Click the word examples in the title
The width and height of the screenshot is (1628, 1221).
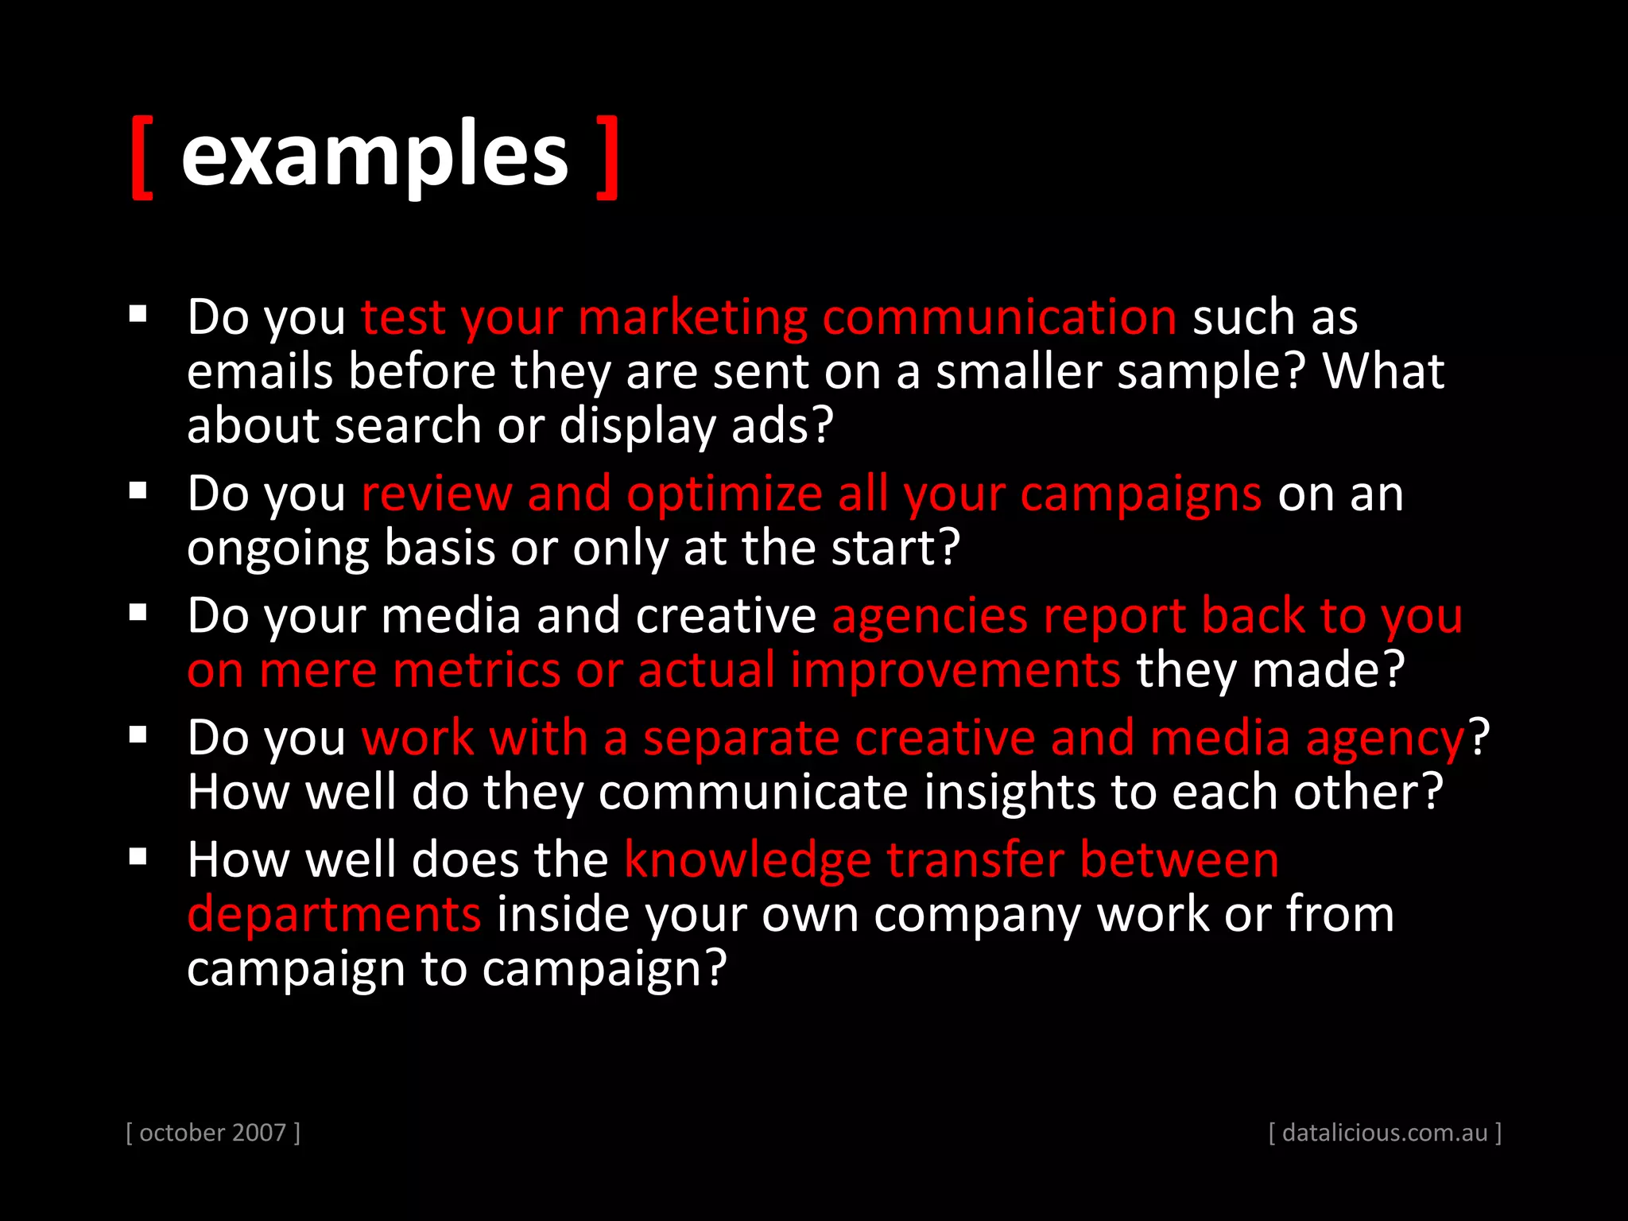point(374,155)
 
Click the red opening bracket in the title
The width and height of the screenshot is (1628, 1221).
point(141,157)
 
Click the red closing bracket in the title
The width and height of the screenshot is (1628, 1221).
point(608,157)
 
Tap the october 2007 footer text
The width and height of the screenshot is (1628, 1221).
point(213,1133)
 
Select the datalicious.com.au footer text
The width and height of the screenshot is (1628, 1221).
point(1385,1133)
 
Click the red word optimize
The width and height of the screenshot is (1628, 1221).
point(724,494)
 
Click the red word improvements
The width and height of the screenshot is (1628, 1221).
point(955,670)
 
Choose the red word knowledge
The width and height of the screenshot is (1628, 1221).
point(748,861)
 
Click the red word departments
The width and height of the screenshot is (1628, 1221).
point(334,914)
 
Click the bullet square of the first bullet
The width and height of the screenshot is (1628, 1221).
point(138,314)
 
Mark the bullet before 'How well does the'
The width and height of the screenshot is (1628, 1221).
point(138,857)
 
